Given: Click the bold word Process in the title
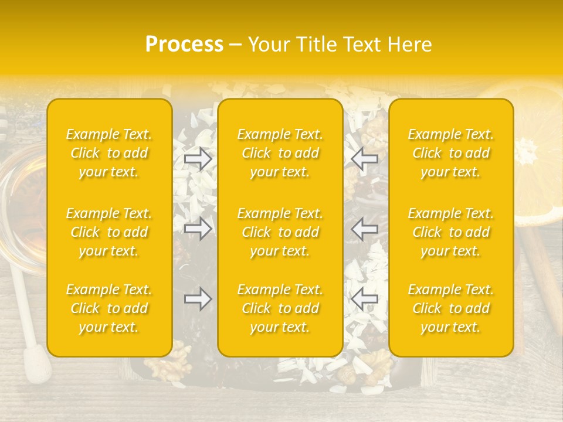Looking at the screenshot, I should (x=184, y=45).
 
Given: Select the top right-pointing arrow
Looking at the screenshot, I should (x=198, y=158).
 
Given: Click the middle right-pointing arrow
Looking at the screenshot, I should (x=198, y=229).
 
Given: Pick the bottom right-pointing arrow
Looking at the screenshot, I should (x=198, y=299).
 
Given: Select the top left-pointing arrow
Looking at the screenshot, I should (x=365, y=158).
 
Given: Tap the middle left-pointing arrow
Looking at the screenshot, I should (x=365, y=229).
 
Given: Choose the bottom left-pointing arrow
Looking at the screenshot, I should (x=365, y=299).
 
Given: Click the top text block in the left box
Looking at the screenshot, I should (x=109, y=153).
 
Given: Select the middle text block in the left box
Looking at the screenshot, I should (x=109, y=232).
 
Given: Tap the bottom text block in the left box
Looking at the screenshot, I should (x=109, y=308).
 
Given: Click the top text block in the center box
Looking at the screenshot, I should (x=280, y=153).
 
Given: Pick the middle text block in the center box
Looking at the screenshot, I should (x=280, y=232).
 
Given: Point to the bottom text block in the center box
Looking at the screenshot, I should (x=280, y=308).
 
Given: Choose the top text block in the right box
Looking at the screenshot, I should (x=451, y=153).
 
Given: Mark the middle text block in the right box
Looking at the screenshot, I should (x=451, y=232).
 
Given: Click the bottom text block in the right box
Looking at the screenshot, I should (x=451, y=308).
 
